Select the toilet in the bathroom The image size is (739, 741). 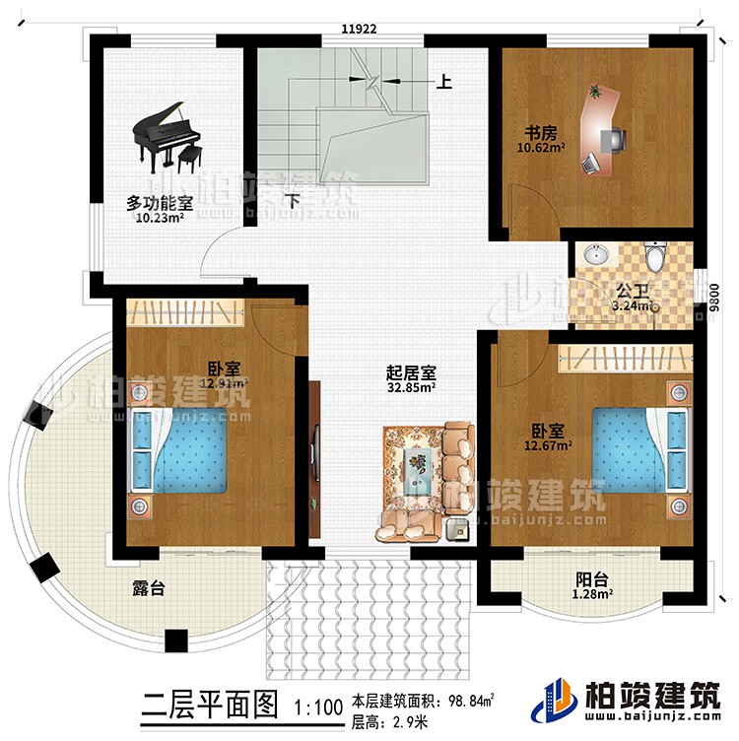pos(655,257)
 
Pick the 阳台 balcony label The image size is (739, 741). pos(590,580)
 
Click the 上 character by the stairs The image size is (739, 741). pos(444,83)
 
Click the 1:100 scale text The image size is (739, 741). pos(316,707)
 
